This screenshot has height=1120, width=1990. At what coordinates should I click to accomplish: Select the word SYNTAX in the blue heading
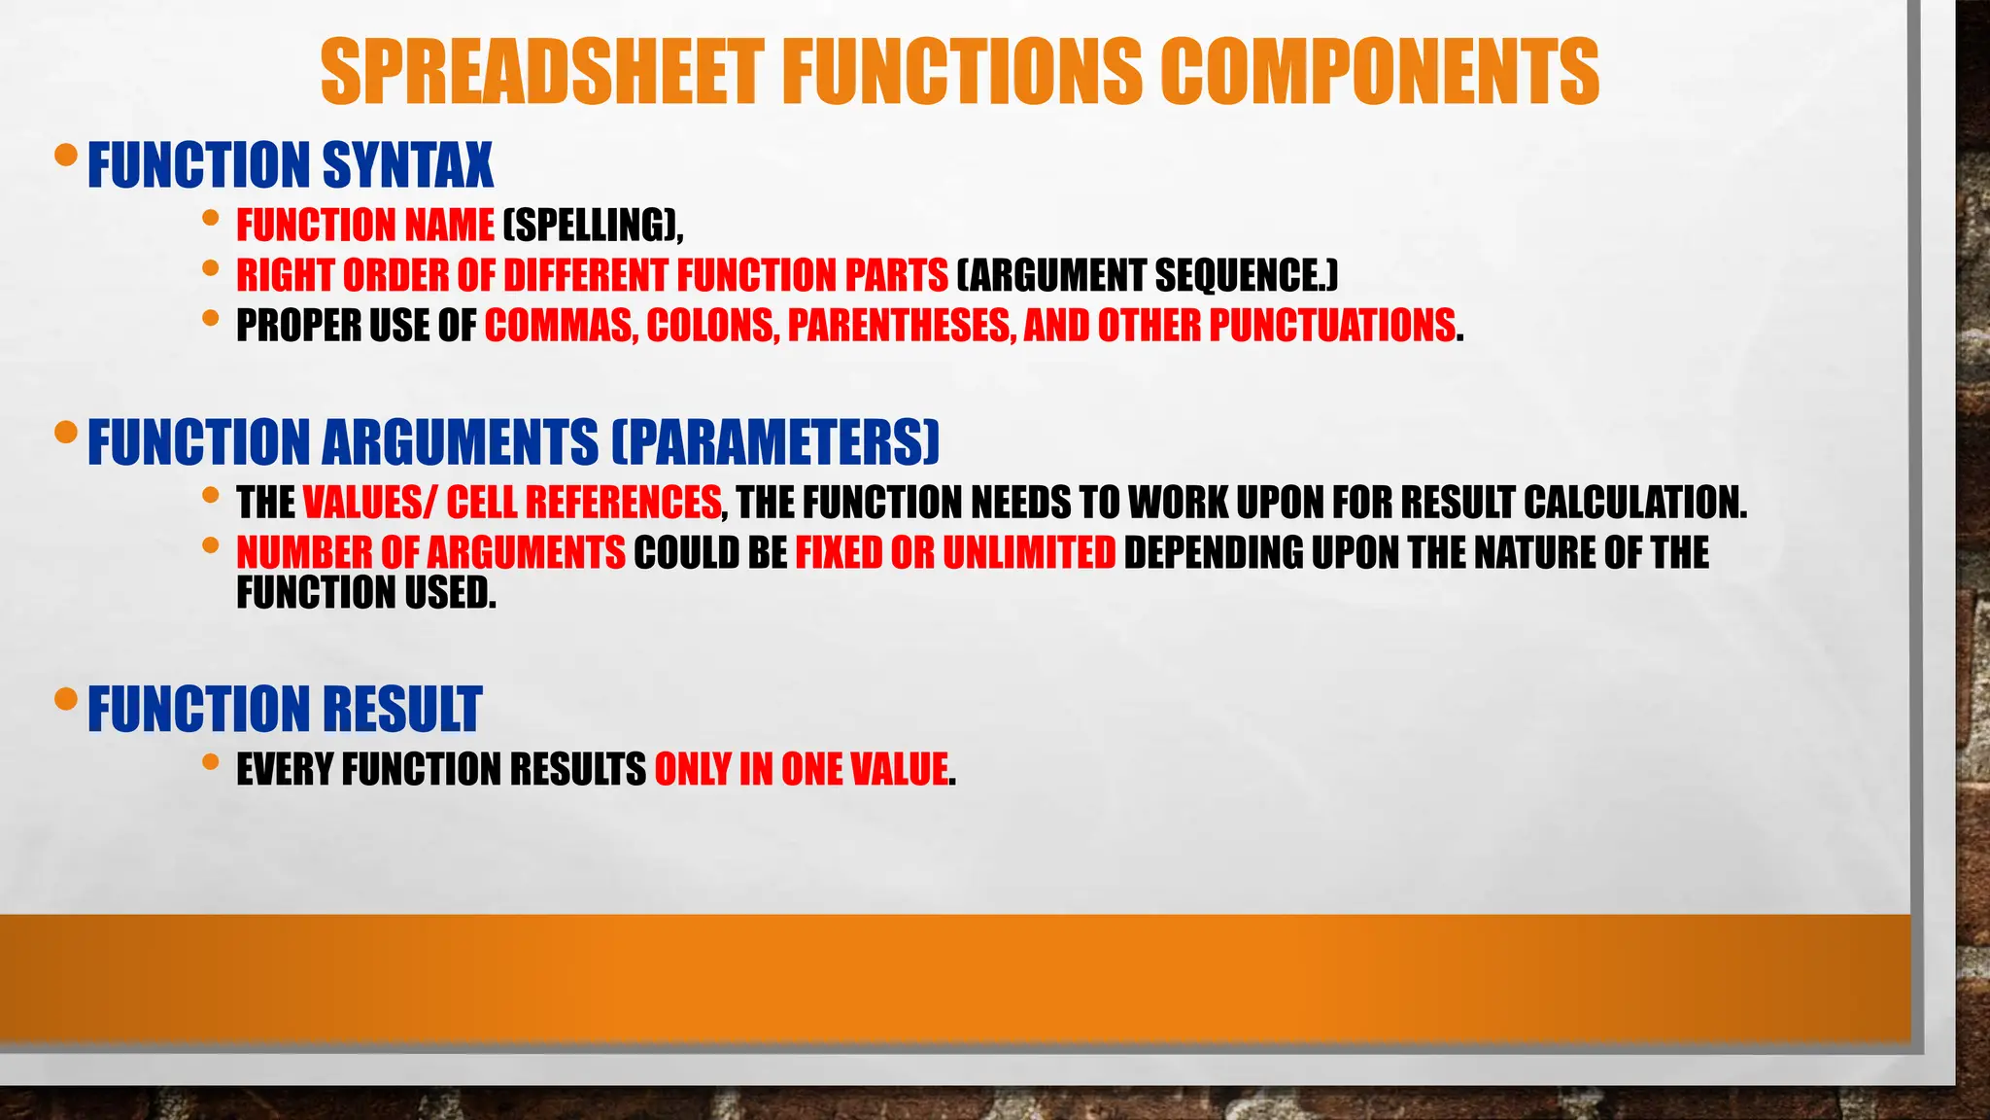tap(407, 165)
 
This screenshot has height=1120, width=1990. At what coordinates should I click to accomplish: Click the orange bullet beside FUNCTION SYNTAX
tap(66, 156)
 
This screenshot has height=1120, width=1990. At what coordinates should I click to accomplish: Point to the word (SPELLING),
tap(593, 226)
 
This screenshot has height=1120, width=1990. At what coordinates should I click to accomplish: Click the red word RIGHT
tap(286, 276)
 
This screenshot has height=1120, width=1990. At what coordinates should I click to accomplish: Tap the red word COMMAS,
tap(562, 326)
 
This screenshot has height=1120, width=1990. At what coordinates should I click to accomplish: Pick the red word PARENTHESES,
tap(900, 326)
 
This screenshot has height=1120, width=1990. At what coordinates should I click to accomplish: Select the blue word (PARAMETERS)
tap(775, 442)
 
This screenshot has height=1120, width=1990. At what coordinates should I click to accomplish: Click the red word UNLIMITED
tap(1029, 553)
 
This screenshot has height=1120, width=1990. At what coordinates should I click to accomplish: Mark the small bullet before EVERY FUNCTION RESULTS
tap(211, 762)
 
